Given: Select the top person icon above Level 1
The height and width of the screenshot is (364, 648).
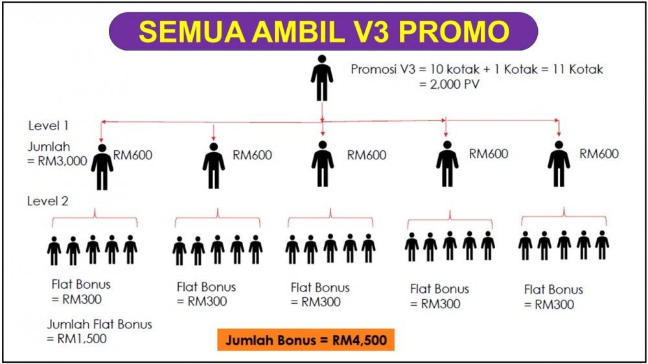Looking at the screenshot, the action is (322, 78).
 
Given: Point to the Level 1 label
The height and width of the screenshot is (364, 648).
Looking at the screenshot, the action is (49, 126).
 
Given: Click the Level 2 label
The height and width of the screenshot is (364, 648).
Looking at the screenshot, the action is (48, 201).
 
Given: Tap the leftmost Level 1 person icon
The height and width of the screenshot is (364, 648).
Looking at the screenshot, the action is (102, 167).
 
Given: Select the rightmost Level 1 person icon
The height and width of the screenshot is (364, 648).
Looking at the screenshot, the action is (559, 164).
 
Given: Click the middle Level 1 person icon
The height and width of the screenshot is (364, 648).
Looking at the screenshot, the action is (323, 164).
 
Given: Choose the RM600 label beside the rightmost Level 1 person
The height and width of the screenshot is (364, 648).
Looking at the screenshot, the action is (599, 154).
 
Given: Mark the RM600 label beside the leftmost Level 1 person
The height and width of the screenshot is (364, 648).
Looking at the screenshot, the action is (133, 155).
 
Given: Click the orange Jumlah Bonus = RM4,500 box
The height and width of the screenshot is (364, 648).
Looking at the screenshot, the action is (306, 340).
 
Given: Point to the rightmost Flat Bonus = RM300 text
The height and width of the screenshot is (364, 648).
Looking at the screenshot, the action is (554, 297).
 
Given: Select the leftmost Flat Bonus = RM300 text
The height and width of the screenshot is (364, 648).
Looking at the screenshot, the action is (81, 291).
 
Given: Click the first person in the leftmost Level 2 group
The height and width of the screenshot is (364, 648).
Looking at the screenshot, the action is (54, 251).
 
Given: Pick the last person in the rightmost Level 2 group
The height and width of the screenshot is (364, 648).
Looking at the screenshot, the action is (602, 245).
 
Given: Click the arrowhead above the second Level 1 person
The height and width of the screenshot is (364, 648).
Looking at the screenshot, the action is (213, 138).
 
